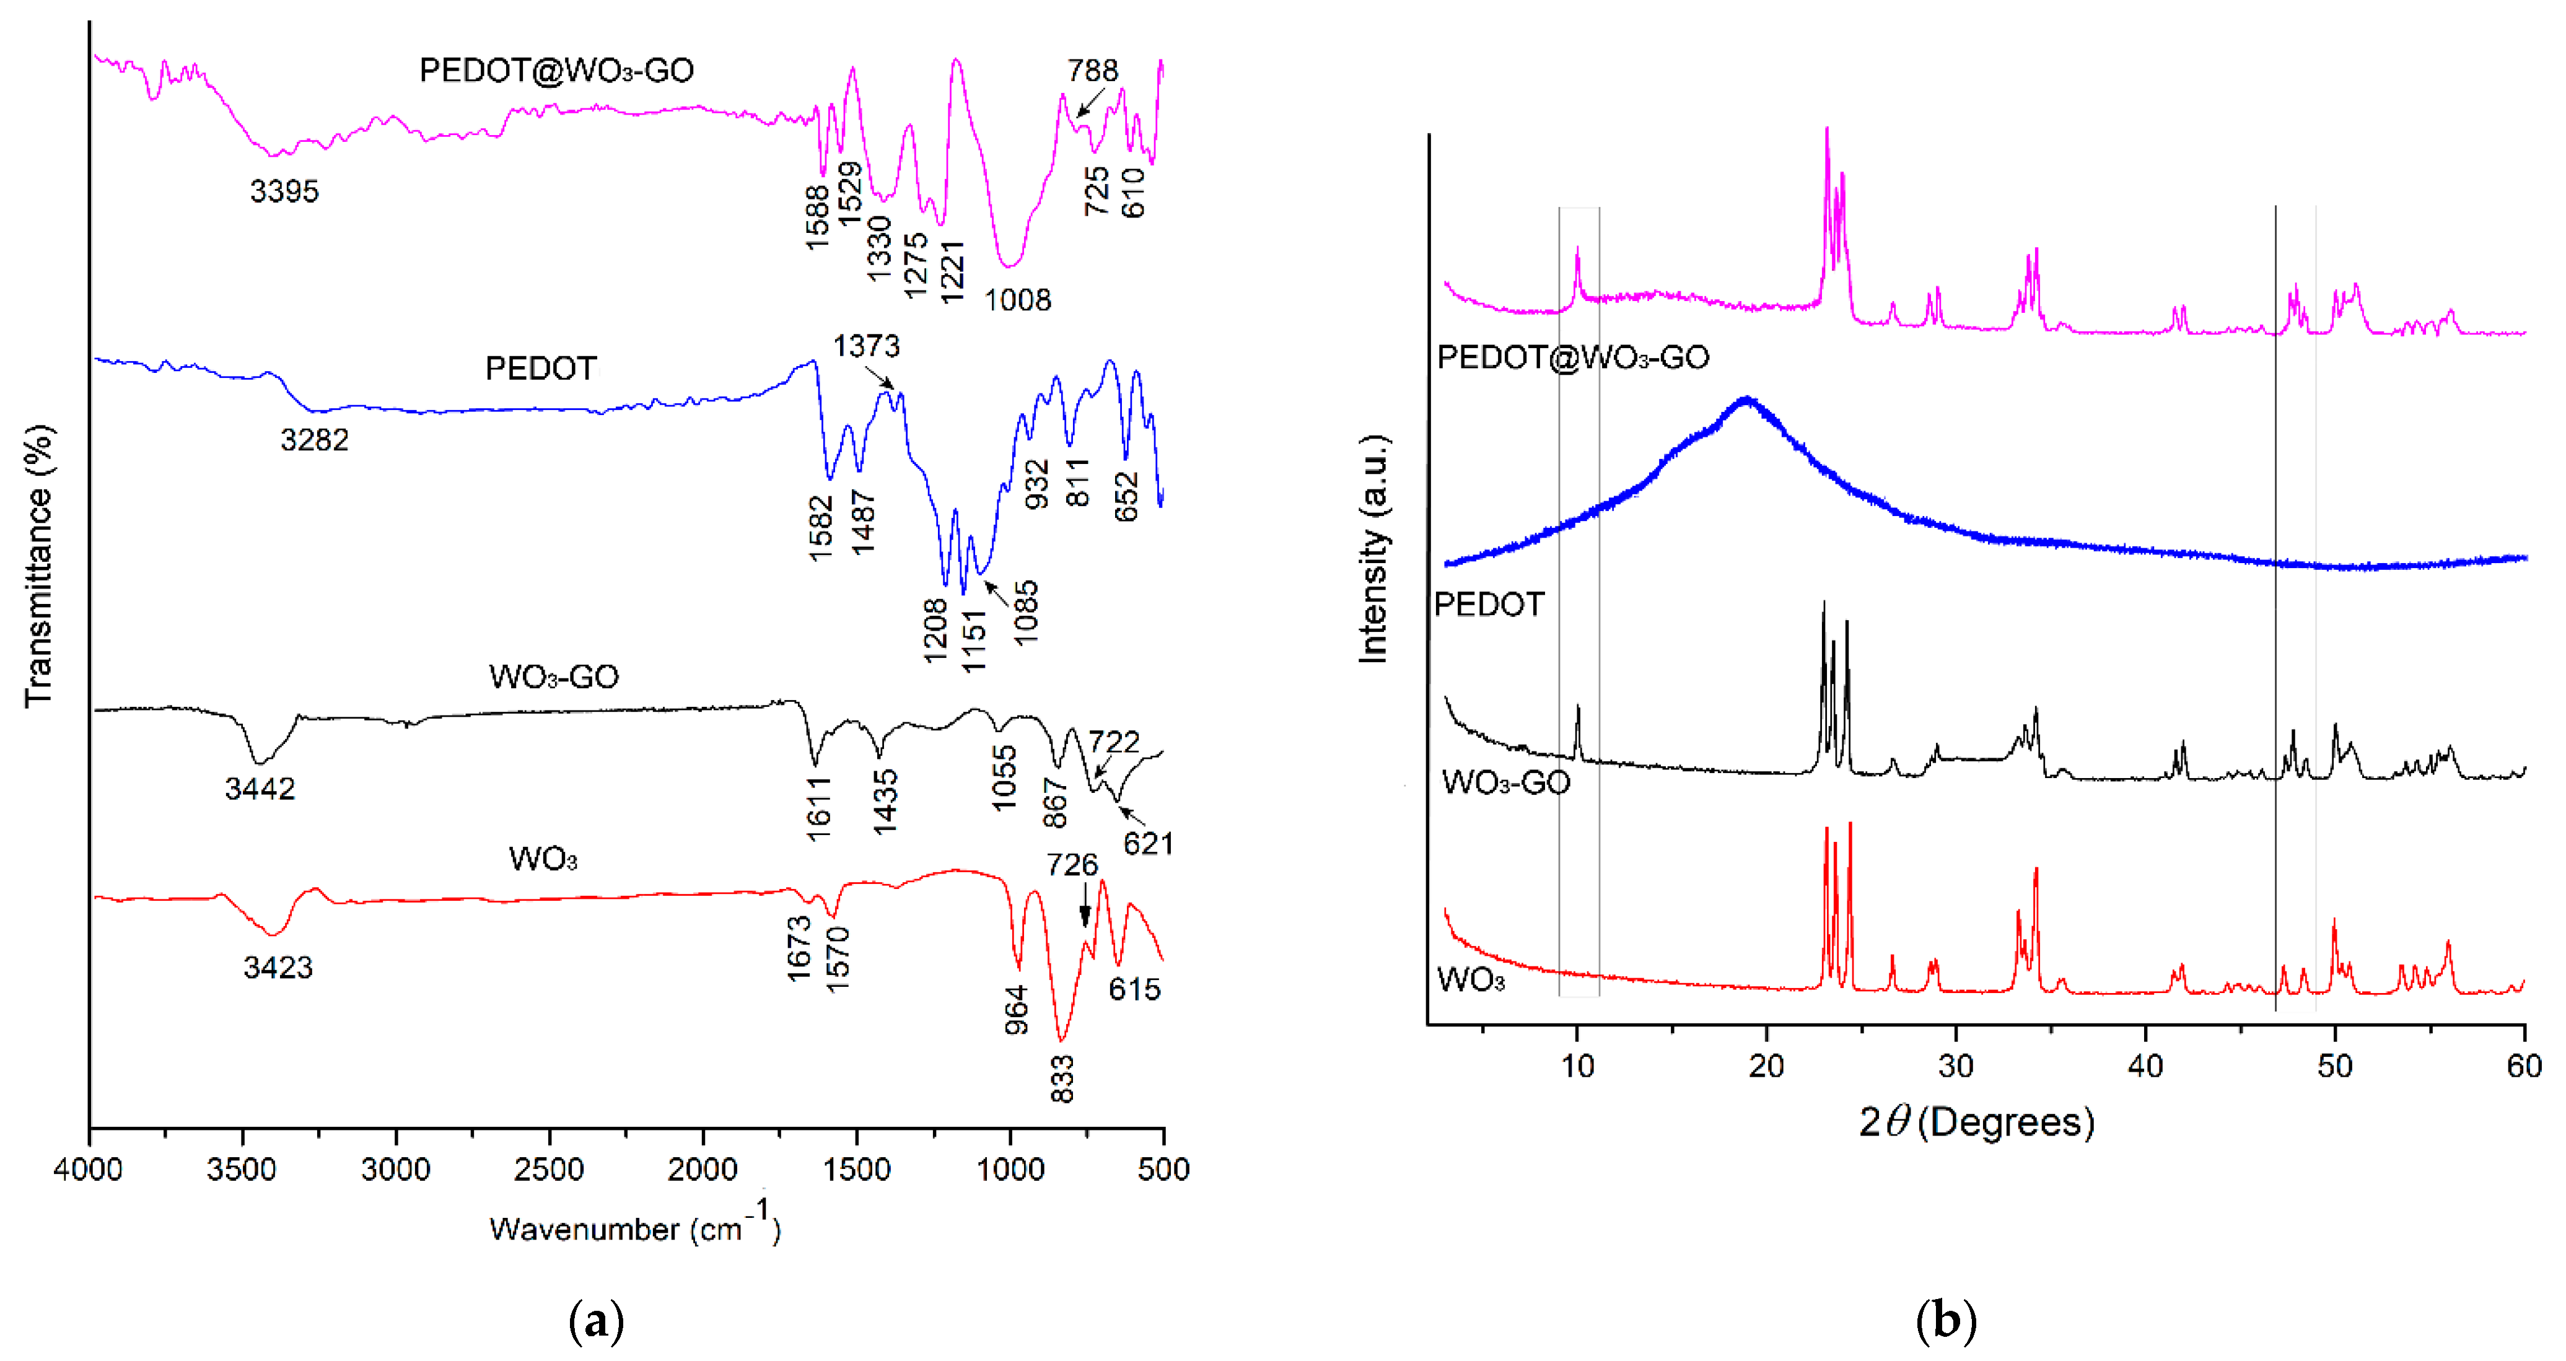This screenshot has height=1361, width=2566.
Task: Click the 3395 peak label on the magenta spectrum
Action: click(284, 190)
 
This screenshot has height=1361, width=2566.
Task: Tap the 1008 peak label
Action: click(1017, 299)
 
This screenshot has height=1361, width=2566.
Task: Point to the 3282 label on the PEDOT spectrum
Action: click(313, 439)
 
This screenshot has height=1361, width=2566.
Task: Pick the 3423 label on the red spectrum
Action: click(278, 966)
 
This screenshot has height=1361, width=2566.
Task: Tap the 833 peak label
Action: click(1062, 1079)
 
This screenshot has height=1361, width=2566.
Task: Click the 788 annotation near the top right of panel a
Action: click(1093, 70)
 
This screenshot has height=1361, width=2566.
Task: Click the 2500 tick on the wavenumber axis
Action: click(549, 1169)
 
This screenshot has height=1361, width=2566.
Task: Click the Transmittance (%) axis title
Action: click(38, 566)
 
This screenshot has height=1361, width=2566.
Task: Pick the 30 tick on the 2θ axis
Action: click(1955, 1065)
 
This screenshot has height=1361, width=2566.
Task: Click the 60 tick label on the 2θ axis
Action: click(2523, 1065)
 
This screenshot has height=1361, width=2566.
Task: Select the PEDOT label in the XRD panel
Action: click(1488, 604)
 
